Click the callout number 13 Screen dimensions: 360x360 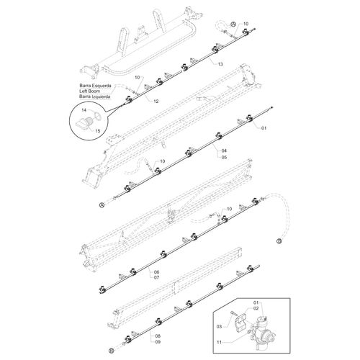220,64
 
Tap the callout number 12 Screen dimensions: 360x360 156,102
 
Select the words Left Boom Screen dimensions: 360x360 90,91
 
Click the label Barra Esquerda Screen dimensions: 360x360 95,86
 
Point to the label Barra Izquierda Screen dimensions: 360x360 95,96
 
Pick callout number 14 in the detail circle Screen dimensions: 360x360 84,110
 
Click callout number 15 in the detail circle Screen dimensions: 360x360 98,131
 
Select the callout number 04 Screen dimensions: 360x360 224,150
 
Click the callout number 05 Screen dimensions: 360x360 224,158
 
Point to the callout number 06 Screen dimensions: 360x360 156,272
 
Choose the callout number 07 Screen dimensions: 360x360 156,278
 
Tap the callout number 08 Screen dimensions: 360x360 158,336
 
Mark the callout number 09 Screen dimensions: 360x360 158,342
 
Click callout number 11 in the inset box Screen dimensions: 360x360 219,342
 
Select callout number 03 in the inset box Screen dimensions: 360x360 219,327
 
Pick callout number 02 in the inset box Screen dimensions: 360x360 256,308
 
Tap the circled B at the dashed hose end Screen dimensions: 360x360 279,241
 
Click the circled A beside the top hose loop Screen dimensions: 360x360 233,24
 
